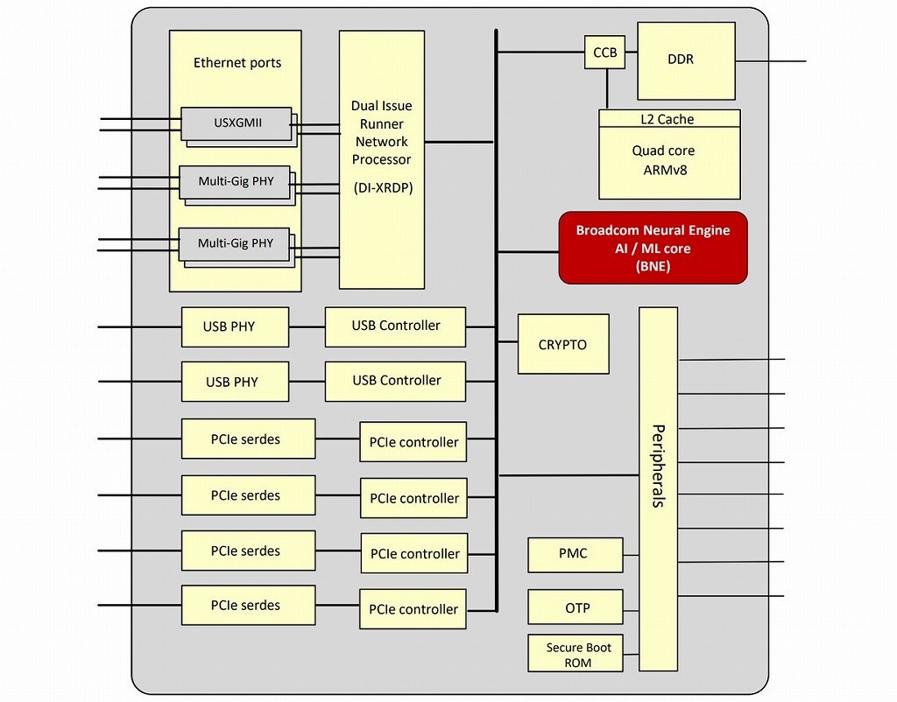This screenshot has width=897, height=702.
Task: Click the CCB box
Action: click(x=604, y=53)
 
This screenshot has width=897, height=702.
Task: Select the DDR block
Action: click(x=685, y=60)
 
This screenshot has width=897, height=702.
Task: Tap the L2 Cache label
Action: click(x=669, y=119)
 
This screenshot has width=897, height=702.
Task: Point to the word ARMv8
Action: click(x=664, y=170)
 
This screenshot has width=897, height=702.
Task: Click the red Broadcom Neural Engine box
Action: click(x=653, y=248)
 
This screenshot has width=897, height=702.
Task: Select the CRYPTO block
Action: click(x=562, y=344)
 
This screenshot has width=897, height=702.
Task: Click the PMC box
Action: click(x=575, y=554)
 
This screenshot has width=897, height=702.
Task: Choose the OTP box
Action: click(x=575, y=607)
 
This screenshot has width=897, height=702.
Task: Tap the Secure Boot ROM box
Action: click(x=575, y=655)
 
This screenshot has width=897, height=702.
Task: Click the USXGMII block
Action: click(x=235, y=123)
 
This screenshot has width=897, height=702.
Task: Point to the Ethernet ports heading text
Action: click(x=237, y=63)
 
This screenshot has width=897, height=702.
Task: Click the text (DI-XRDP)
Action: click(x=381, y=188)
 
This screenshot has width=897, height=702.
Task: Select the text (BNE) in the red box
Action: click(x=653, y=267)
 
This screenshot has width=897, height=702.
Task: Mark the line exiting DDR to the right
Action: click(x=771, y=61)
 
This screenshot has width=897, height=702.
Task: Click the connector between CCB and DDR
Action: click(x=630, y=53)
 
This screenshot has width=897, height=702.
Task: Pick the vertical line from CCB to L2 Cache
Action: click(x=605, y=89)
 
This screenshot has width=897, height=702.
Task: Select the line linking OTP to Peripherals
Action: click(x=631, y=607)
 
